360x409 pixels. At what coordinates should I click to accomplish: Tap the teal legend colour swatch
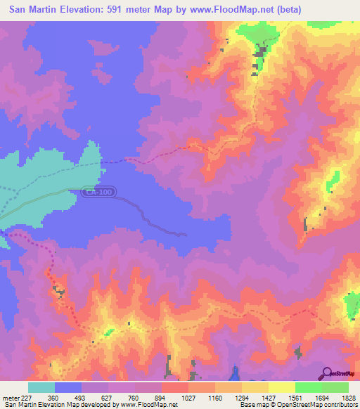pos(41,387)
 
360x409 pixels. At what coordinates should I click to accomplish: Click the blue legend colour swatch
pos(68,387)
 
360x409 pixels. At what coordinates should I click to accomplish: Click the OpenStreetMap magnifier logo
pos(328,372)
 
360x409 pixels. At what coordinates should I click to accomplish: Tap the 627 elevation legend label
pos(107,397)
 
